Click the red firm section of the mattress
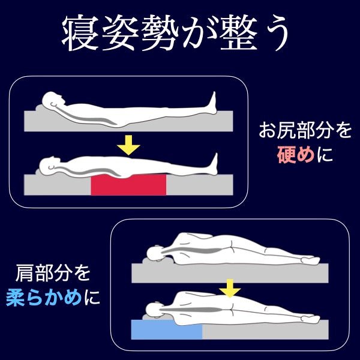pyautogui.click(x=128, y=185)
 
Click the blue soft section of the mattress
pyautogui.click(x=167, y=329)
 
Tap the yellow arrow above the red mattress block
pyautogui.click(x=128, y=145)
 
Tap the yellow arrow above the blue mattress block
pyautogui.click(x=230, y=288)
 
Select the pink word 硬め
pyautogui.click(x=296, y=155)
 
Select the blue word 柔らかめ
pyautogui.click(x=44, y=298)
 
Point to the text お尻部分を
pyautogui.click(x=305, y=131)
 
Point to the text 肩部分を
pyautogui.click(x=53, y=273)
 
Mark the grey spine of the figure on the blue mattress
pyautogui.click(x=192, y=310)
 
